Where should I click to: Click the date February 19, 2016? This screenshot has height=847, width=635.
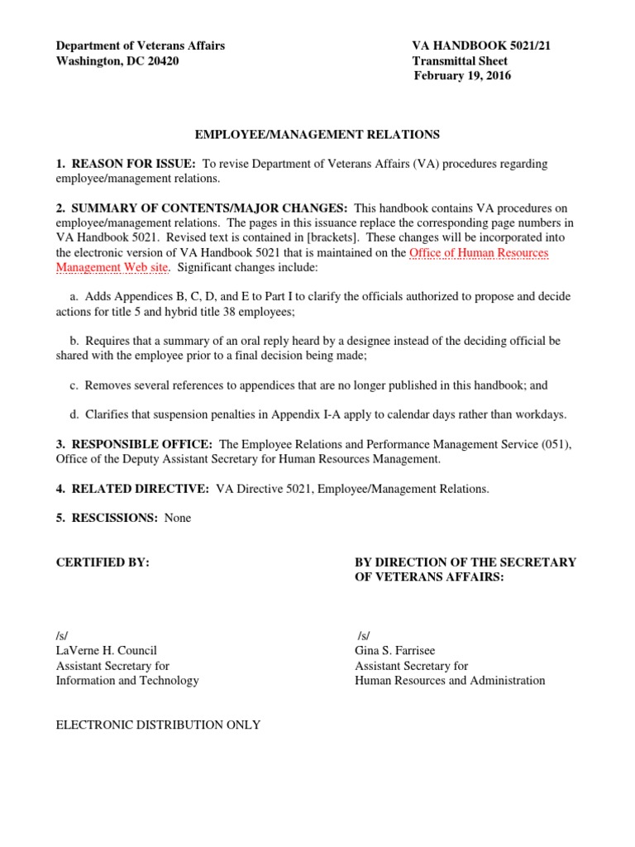pyautogui.click(x=462, y=76)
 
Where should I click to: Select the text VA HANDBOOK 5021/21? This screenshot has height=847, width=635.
pyautogui.click(x=481, y=46)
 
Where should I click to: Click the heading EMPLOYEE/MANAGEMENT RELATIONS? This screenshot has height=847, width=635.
pyautogui.click(x=317, y=134)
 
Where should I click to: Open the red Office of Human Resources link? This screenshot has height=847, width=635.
pyautogui.click(x=479, y=252)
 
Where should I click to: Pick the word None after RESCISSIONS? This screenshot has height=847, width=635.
pyautogui.click(x=178, y=518)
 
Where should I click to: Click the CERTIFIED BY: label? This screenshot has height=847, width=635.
pyautogui.click(x=103, y=562)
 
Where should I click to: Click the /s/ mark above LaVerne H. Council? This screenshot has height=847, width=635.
pyautogui.click(x=62, y=635)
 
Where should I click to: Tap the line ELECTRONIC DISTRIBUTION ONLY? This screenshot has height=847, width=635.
pyautogui.click(x=158, y=725)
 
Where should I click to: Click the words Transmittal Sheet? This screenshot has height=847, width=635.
pyautogui.click(x=460, y=61)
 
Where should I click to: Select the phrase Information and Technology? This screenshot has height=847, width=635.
pyautogui.click(x=127, y=680)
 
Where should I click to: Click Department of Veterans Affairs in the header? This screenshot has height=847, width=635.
pyautogui.click(x=140, y=46)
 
